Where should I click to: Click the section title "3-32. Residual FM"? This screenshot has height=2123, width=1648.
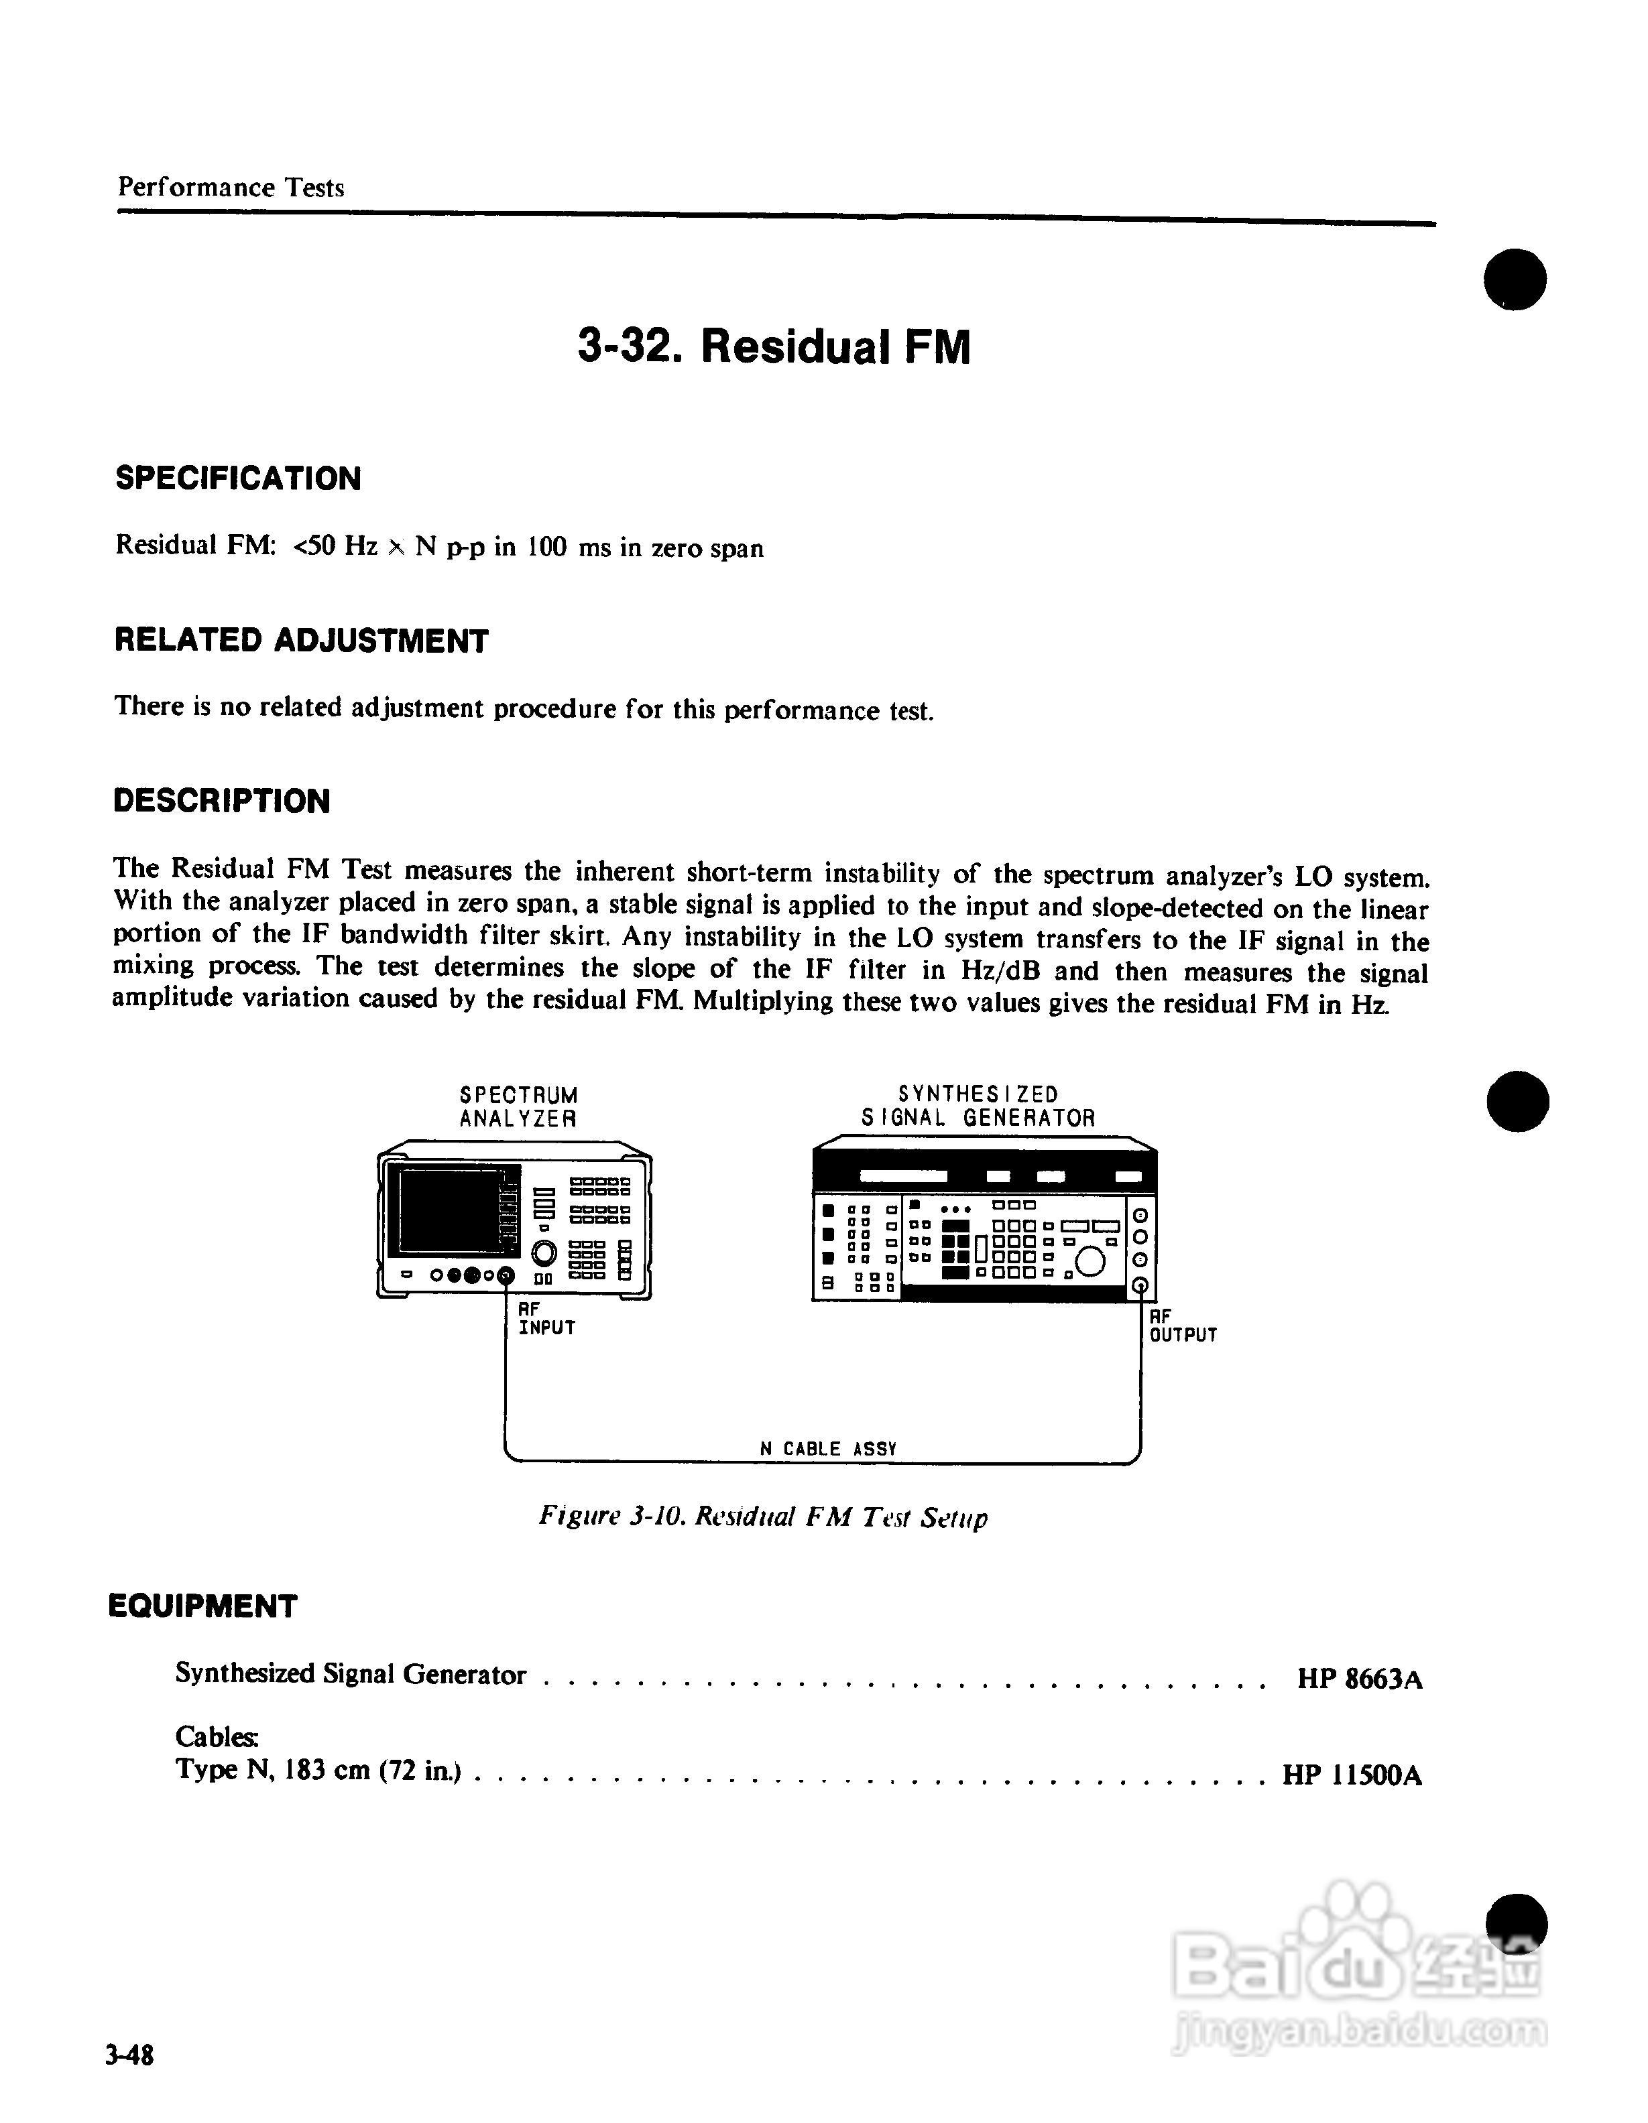(x=774, y=347)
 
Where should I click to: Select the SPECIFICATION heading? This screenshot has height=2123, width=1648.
(x=238, y=478)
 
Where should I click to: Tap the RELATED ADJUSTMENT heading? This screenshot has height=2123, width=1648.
(x=302, y=641)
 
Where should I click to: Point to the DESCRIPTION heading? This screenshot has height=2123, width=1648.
(x=222, y=801)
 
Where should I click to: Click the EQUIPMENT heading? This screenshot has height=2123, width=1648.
(x=202, y=1606)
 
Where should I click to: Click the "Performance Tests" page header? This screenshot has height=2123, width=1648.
(x=231, y=188)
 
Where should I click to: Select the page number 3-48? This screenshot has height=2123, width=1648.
(x=130, y=2055)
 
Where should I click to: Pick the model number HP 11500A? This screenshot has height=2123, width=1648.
(x=1352, y=1776)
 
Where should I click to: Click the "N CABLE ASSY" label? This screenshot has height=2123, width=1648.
(x=827, y=1448)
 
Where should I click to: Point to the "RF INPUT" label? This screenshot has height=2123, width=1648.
(x=546, y=1319)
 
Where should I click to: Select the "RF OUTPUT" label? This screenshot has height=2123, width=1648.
(x=1182, y=1326)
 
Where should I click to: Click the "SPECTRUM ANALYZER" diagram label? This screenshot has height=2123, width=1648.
(x=518, y=1107)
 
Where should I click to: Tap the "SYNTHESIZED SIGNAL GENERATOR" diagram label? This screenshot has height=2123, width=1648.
(x=978, y=1107)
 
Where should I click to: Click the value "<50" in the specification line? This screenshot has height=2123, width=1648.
(x=315, y=548)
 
